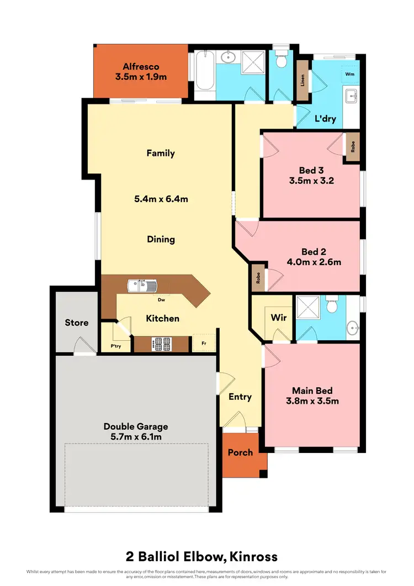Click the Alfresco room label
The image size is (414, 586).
141,66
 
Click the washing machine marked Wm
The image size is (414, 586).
349,73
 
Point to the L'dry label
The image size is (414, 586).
325,118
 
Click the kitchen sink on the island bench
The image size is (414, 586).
143,286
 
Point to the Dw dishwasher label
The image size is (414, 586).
162,300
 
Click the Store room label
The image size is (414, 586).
76,323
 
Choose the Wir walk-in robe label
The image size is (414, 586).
278,318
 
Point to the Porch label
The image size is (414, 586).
241,452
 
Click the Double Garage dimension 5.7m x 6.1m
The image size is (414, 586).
136,437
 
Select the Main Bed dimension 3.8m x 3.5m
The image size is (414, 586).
312,401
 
